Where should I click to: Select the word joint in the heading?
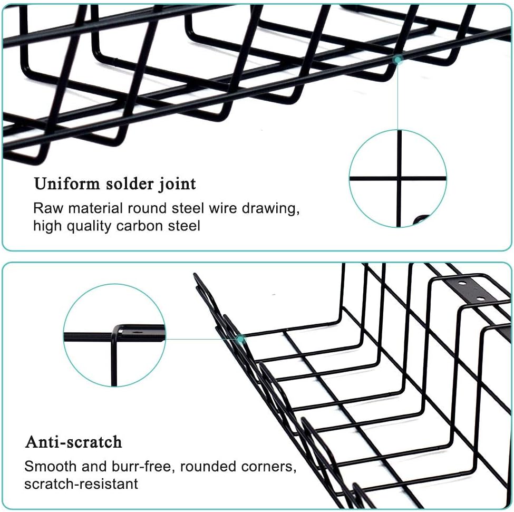(177, 185)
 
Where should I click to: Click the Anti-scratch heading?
(73, 441)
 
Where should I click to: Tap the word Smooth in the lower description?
(49, 466)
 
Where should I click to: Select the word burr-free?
(129, 466)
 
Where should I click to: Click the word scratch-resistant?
(81, 484)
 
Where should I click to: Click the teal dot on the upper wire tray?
(399, 60)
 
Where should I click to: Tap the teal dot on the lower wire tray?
(241, 339)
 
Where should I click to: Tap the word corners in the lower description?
(269, 467)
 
